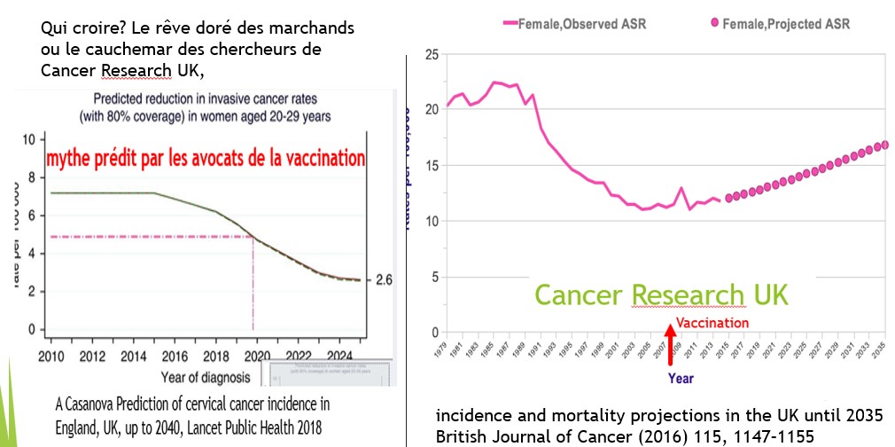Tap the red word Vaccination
pyautogui.click(x=712, y=323)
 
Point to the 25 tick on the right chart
pyautogui.click(x=432, y=54)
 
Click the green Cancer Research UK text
pyautogui.click(x=661, y=294)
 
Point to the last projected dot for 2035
pyautogui.click(x=885, y=145)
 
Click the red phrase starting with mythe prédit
pyautogui.click(x=206, y=159)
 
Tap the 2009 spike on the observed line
pyautogui.click(x=680, y=189)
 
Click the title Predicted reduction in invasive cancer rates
pyautogui.click(x=207, y=98)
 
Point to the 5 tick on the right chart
pyautogui.click(x=434, y=276)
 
